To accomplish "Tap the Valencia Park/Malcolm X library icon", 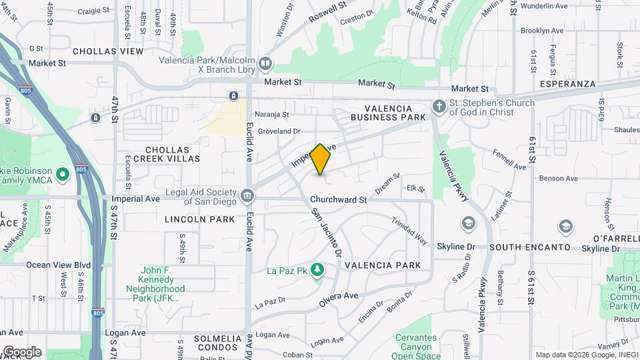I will click(x=266, y=64).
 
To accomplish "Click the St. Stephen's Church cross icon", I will click(x=439, y=106).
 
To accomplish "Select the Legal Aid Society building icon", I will click(x=247, y=196).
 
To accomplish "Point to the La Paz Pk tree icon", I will click(x=318, y=269).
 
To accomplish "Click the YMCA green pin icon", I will click(x=63, y=176).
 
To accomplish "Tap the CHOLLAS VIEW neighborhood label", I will click(x=108, y=51).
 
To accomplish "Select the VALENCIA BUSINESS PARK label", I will click(x=395, y=113).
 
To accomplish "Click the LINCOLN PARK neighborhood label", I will click(x=200, y=219).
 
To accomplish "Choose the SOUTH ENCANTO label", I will click(x=529, y=247).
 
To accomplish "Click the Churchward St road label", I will click(x=338, y=199).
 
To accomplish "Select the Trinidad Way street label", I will click(x=409, y=231).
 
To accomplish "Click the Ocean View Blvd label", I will click(x=58, y=265).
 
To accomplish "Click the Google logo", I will click(x=22, y=351).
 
